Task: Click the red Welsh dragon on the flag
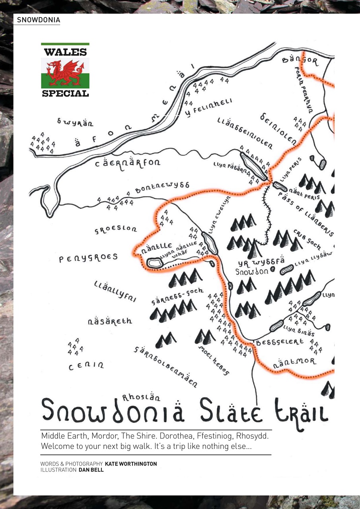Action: [65, 73]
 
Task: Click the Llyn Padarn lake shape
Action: [253, 165]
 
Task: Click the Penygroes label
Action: [88, 258]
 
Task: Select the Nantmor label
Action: [295, 362]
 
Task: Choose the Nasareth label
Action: [110, 321]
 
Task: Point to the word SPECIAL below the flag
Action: [65, 93]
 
